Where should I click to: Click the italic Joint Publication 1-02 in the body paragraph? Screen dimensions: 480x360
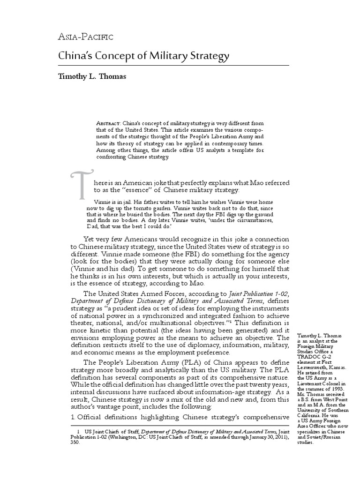click(x=255, y=293)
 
